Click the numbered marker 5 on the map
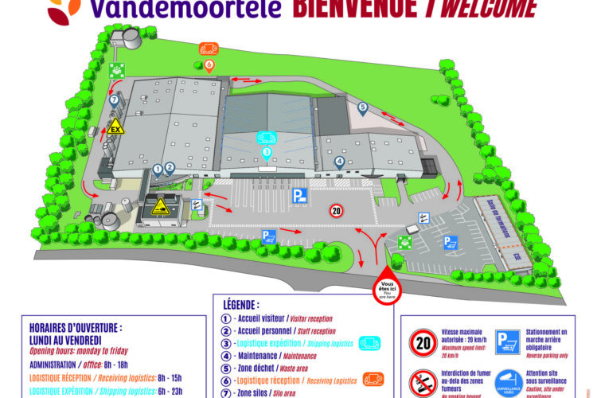click(x=362, y=107)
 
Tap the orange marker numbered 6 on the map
click(x=209, y=64)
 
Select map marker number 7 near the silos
click(x=115, y=100)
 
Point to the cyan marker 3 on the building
click(x=267, y=151)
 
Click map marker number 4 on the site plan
click(x=340, y=162)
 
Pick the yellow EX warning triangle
click(x=116, y=126)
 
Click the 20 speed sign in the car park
click(x=336, y=211)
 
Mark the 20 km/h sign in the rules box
click(x=421, y=343)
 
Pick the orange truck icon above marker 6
click(x=209, y=49)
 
